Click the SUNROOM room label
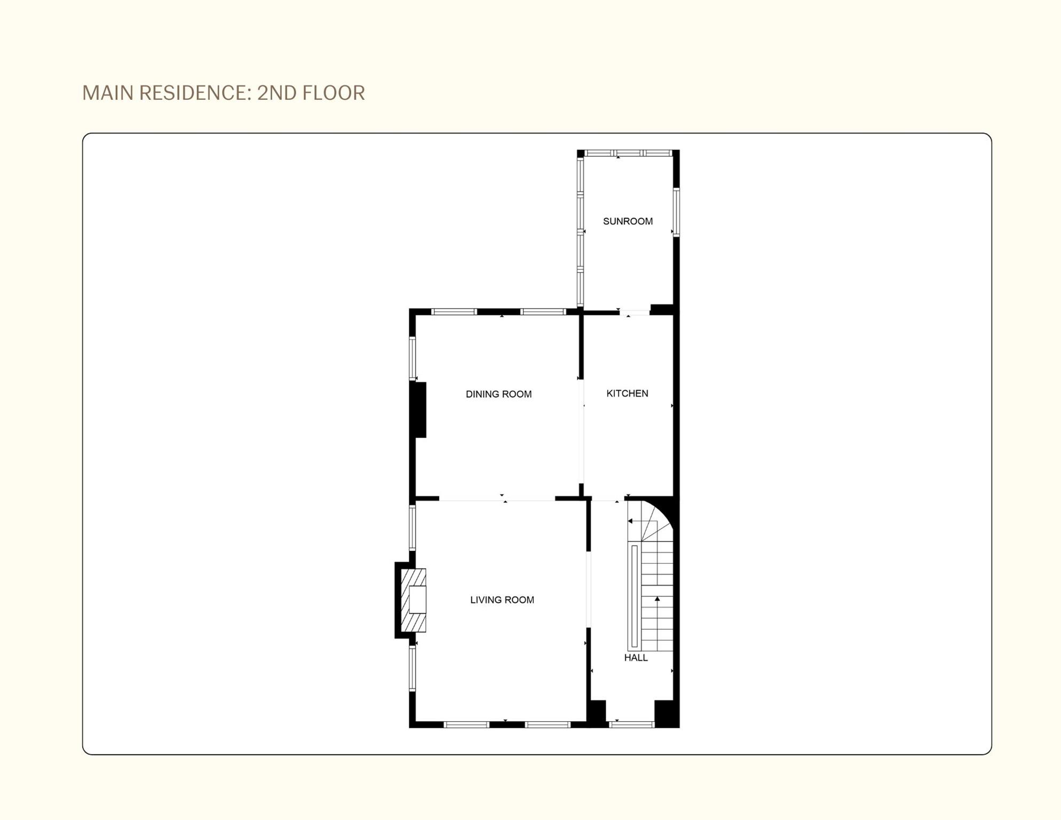point(628,221)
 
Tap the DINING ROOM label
point(498,394)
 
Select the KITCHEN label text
point(627,393)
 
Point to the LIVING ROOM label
point(502,600)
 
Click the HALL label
point(636,658)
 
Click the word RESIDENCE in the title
point(195,93)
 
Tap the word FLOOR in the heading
point(334,93)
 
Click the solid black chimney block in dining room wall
point(419,410)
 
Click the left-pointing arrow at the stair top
point(631,521)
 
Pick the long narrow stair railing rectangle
point(634,596)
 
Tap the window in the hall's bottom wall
point(631,724)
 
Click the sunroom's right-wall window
point(676,212)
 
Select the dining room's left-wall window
point(412,358)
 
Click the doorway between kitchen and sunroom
point(635,312)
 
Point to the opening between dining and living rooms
point(497,499)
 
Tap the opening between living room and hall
point(589,589)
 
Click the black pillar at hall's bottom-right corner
point(666,713)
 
